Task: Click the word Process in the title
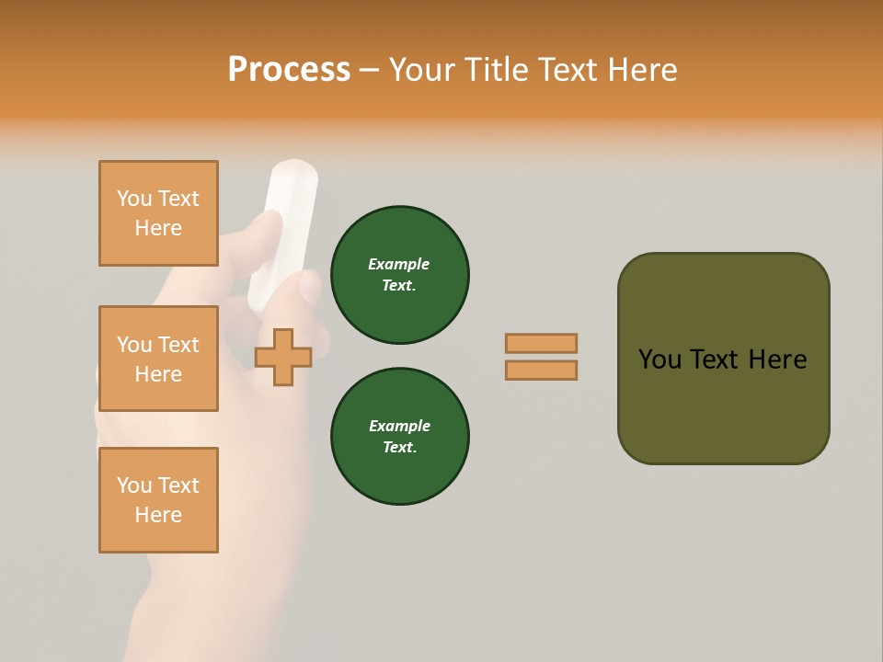click(289, 70)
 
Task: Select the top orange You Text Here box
click(158, 213)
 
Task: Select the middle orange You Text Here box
click(158, 359)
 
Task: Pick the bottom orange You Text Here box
click(158, 500)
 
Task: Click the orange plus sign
click(283, 357)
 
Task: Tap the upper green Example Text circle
click(399, 275)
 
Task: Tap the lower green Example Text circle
click(399, 437)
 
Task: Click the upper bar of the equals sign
click(541, 343)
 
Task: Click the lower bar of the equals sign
click(541, 371)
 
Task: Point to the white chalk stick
click(283, 230)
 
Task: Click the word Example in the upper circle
click(399, 264)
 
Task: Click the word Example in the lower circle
click(399, 426)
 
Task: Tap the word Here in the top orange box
click(158, 228)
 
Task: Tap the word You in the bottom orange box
click(134, 485)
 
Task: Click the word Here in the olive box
click(777, 360)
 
